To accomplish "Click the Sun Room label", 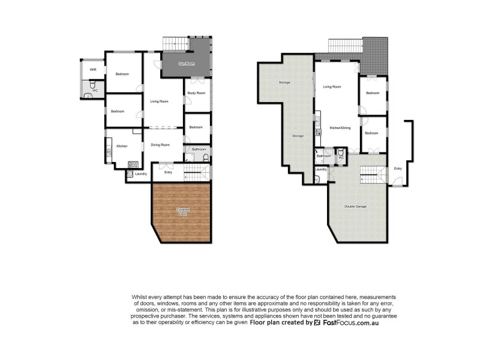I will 187,64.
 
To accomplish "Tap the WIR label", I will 93,70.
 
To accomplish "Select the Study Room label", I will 196,93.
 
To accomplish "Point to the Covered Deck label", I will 182,211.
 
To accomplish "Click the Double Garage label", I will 355,206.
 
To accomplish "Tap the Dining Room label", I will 160,145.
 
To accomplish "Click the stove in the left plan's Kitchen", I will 133,163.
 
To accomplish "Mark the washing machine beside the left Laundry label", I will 130,174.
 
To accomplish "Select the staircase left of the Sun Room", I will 171,44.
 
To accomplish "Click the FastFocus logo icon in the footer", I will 317,323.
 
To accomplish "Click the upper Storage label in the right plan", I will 284,82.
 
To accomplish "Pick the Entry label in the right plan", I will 398,169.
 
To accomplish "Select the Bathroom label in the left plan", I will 199,149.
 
